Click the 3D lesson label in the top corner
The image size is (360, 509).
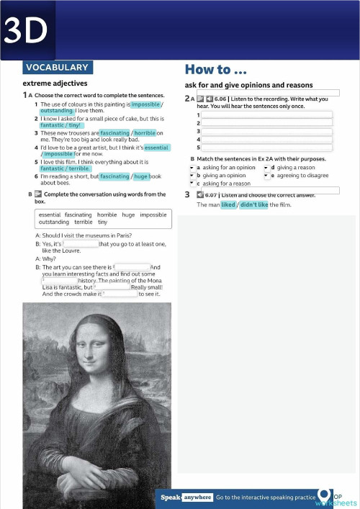[x=27, y=30]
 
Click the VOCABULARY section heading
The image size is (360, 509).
[x=57, y=68]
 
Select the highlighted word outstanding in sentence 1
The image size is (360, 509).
[x=56, y=111]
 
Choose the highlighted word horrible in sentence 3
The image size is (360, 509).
[x=145, y=133]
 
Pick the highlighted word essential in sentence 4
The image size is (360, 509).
[x=156, y=148]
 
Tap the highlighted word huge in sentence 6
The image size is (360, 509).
[x=141, y=176]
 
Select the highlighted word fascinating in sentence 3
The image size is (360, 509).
[x=114, y=133]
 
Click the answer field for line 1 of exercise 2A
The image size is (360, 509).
[x=266, y=115]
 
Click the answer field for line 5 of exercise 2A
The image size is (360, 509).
[x=266, y=147]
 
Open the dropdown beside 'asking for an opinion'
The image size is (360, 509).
[x=192, y=168]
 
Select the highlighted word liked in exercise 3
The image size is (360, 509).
[x=228, y=204]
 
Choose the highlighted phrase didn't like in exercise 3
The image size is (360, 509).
[x=253, y=204]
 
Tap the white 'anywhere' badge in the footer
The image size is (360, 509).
[x=198, y=497]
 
